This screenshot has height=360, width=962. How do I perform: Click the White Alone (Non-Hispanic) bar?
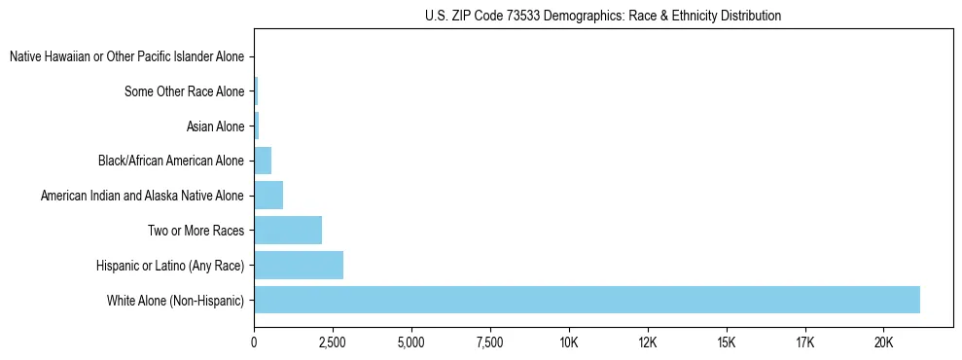click(587, 300)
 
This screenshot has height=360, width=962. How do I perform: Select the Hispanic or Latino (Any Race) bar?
click(299, 265)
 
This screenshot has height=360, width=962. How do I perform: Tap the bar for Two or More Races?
click(288, 231)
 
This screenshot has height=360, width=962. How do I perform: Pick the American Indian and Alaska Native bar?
click(268, 196)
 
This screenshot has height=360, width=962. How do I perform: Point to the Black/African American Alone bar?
click(263, 161)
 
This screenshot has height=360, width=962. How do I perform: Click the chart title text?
click(603, 17)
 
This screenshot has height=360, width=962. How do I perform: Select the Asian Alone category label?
click(215, 126)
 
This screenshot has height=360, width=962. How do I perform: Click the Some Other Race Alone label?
click(185, 92)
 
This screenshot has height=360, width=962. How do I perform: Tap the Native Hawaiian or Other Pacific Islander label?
click(126, 57)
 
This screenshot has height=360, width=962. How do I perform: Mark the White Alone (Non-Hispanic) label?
click(175, 301)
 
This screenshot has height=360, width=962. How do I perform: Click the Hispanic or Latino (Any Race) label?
click(170, 266)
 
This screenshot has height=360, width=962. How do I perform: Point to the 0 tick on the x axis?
click(254, 342)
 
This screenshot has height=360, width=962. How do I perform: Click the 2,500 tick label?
click(333, 342)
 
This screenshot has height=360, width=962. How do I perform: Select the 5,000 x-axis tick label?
click(411, 342)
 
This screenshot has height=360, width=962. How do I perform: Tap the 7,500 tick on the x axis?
click(490, 342)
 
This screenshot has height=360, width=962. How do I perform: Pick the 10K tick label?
click(569, 342)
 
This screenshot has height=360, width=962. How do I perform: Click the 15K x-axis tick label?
click(727, 342)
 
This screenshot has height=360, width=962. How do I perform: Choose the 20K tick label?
click(884, 342)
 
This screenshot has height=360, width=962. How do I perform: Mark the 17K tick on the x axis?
click(805, 342)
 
